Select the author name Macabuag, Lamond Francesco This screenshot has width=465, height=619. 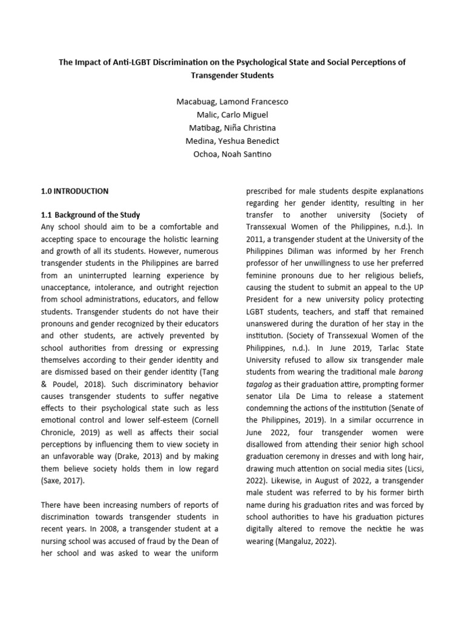pos(232,102)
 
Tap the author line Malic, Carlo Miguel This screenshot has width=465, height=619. pos(232,115)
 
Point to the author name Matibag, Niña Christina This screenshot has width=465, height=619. pos(232,128)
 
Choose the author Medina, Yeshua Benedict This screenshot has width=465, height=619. pos(232,141)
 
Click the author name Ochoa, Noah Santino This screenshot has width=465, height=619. pos(232,155)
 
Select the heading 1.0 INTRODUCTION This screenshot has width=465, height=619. pos(74,191)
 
